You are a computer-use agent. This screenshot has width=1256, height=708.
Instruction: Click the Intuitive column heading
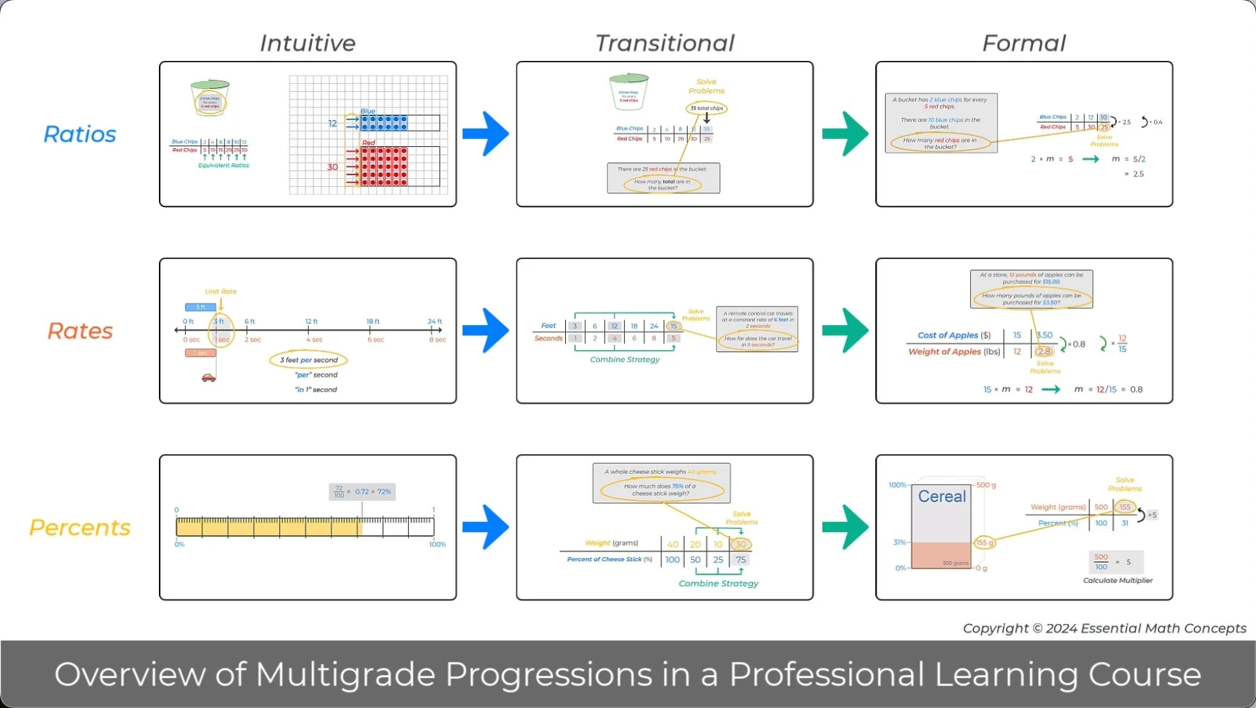[x=308, y=43]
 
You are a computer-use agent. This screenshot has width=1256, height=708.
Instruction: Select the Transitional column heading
[x=665, y=43]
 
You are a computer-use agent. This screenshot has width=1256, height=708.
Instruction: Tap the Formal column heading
[x=1023, y=43]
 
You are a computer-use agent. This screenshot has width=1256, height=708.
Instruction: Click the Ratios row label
[x=80, y=134]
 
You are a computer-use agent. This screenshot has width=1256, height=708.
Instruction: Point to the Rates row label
[x=80, y=331]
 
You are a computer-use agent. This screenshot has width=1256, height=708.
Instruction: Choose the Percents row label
[x=80, y=527]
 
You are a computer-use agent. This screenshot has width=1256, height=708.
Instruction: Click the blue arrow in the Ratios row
[x=486, y=134]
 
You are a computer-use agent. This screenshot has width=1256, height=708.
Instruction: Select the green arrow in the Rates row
[x=845, y=331]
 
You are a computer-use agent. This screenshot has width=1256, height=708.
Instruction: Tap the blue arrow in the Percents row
[x=486, y=527]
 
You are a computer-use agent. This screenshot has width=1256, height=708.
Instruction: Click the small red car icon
[x=209, y=378]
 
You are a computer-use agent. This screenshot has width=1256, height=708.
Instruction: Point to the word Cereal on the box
[x=941, y=496]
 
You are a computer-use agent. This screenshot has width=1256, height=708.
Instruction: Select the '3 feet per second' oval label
[x=308, y=360]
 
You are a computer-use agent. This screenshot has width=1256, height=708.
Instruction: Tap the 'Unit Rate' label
[x=220, y=292]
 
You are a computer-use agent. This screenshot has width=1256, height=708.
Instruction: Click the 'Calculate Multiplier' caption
[x=1118, y=580]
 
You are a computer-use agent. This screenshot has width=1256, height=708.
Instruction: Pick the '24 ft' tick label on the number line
[x=435, y=321]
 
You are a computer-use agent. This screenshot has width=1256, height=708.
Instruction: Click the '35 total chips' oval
[x=706, y=108]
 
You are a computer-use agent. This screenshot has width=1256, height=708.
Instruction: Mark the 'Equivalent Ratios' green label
[x=224, y=165]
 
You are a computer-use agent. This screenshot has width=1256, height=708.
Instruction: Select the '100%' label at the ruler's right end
[x=437, y=544]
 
